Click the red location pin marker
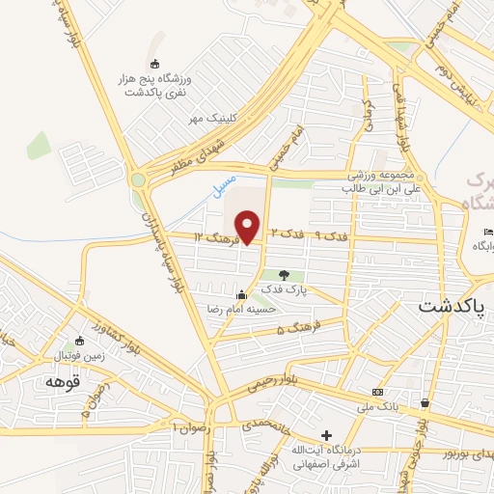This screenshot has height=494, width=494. [x=248, y=227]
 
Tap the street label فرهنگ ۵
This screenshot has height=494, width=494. [x=293, y=329]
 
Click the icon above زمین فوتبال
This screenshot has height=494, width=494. [x=77, y=341]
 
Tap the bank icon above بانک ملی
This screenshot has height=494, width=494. [x=376, y=392]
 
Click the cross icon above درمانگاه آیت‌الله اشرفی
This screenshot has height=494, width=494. [x=326, y=435]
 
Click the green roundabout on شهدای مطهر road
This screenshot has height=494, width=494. [x=139, y=179]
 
